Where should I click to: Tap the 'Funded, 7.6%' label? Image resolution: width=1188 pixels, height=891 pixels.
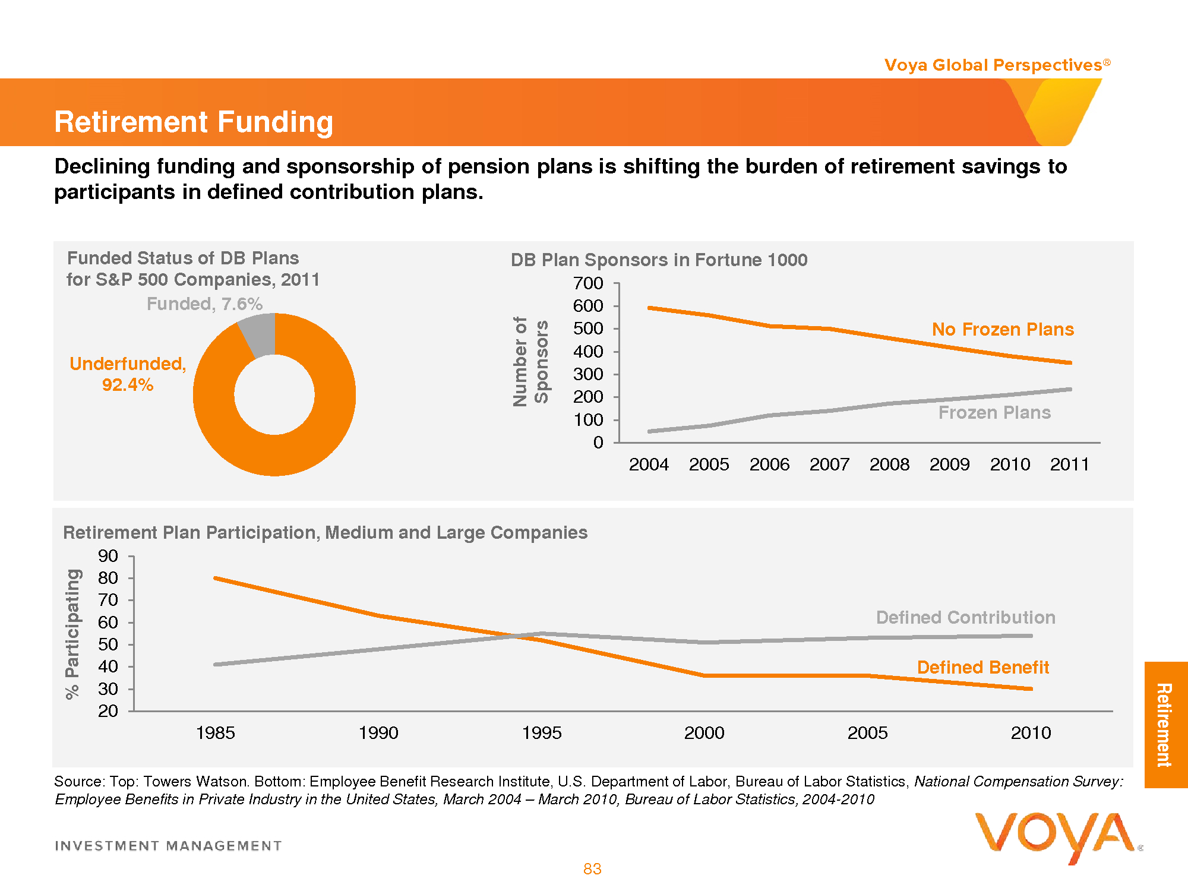click(x=204, y=304)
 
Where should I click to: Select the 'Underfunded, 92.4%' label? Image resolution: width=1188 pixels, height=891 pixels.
click(x=128, y=374)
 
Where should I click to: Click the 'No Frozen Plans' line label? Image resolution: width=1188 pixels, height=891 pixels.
click(x=1003, y=330)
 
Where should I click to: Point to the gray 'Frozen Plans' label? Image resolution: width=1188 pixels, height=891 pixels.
click(x=994, y=413)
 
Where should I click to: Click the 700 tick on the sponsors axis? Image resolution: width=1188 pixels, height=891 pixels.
click(x=588, y=284)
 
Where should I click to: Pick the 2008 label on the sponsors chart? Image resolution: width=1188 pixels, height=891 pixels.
click(x=889, y=465)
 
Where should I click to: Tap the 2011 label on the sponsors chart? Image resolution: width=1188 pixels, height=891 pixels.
click(x=1069, y=465)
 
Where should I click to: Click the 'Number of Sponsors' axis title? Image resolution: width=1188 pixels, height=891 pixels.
click(x=530, y=361)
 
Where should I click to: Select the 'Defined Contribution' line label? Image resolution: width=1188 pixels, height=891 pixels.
click(x=965, y=618)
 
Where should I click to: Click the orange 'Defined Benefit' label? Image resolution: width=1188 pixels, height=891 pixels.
click(x=983, y=668)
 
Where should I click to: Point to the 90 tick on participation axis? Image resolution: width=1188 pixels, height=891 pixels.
click(x=108, y=557)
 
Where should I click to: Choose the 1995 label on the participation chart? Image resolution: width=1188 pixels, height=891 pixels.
click(x=541, y=733)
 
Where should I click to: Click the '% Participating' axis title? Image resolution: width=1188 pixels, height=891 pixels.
click(x=72, y=634)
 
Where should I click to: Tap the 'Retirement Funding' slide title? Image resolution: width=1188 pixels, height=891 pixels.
click(x=194, y=122)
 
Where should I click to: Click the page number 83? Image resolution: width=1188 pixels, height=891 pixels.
click(x=592, y=869)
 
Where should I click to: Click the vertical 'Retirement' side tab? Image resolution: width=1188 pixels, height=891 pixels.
click(x=1165, y=725)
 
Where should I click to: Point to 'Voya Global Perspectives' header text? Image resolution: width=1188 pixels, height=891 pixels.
click(x=993, y=65)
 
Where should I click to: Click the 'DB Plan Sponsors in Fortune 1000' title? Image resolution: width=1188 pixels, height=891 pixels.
click(x=659, y=260)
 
